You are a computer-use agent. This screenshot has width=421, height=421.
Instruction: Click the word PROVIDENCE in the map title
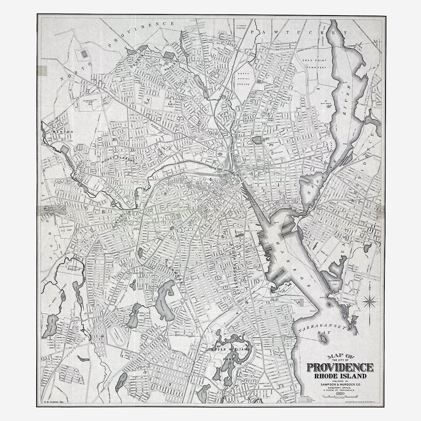pyautogui.click(x=340, y=367)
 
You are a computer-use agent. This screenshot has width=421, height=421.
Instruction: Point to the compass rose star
pyautogui.click(x=370, y=301)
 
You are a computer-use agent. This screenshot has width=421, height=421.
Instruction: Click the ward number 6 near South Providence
pyautogui.click(x=247, y=302)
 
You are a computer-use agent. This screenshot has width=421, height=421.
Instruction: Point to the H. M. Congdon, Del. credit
pyautogui.click(x=52, y=401)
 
